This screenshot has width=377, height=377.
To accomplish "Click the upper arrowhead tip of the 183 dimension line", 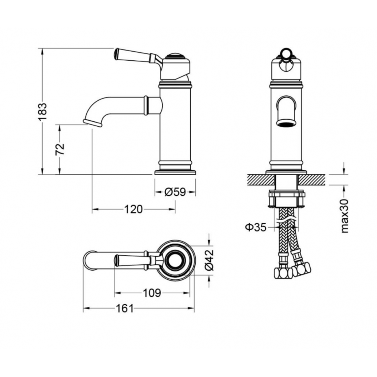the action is (x=42, y=49).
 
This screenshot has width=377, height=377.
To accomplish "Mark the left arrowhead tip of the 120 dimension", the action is (x=92, y=209).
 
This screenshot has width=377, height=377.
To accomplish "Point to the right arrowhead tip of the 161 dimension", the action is (x=194, y=308).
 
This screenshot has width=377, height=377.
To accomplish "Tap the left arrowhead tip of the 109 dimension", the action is (x=115, y=293).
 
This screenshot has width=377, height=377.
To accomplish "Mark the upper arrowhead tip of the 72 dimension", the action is (x=59, y=125).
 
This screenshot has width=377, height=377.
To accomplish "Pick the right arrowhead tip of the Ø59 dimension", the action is (x=195, y=192).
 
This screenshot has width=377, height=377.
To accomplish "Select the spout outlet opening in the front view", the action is (x=286, y=123).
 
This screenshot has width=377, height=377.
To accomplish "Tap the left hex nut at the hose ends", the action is (x=283, y=273).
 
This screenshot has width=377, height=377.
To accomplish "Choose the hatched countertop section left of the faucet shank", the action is (x=261, y=179).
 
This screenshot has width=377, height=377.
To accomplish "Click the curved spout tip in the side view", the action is (x=93, y=123).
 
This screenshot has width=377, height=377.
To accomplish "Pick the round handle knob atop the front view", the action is (x=286, y=52).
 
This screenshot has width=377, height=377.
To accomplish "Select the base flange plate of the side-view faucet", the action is (x=175, y=172).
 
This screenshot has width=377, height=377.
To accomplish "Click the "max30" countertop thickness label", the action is (x=344, y=216).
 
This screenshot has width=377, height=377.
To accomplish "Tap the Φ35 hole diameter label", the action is (x=256, y=227).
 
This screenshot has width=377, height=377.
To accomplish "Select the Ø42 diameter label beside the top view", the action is (x=209, y=260).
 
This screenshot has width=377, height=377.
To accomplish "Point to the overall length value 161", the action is (x=124, y=308).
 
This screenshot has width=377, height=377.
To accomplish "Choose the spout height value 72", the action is (x=60, y=149).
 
